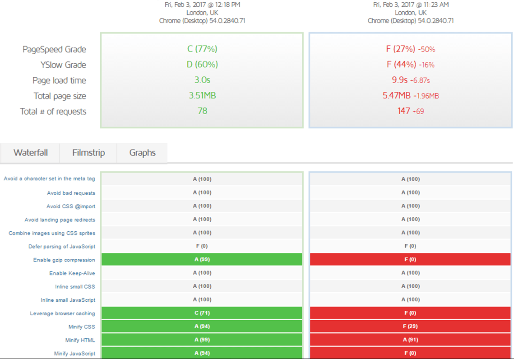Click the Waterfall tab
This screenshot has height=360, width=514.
point(30,153)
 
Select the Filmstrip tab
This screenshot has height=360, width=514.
point(88,153)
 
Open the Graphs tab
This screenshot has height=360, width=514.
point(142,153)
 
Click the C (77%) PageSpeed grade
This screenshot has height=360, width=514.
point(202,49)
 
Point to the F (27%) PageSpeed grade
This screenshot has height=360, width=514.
point(401,49)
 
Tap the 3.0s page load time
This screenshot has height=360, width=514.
point(202,80)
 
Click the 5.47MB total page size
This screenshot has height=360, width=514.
point(396,95)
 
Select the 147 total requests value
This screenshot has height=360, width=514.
point(403,111)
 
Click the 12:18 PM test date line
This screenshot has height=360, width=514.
point(202,5)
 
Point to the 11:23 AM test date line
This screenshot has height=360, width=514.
point(411,5)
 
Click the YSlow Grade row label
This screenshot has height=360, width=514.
point(63,65)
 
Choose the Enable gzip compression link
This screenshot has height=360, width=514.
point(64,260)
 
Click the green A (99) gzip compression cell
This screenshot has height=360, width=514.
point(202,259)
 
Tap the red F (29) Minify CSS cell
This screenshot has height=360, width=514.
point(410,326)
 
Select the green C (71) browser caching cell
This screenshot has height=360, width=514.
point(202,313)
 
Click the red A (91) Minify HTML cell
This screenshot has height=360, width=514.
point(410,340)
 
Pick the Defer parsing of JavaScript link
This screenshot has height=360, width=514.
point(62,247)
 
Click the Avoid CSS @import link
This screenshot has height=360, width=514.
point(71,206)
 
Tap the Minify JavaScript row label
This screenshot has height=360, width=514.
point(74,353)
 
